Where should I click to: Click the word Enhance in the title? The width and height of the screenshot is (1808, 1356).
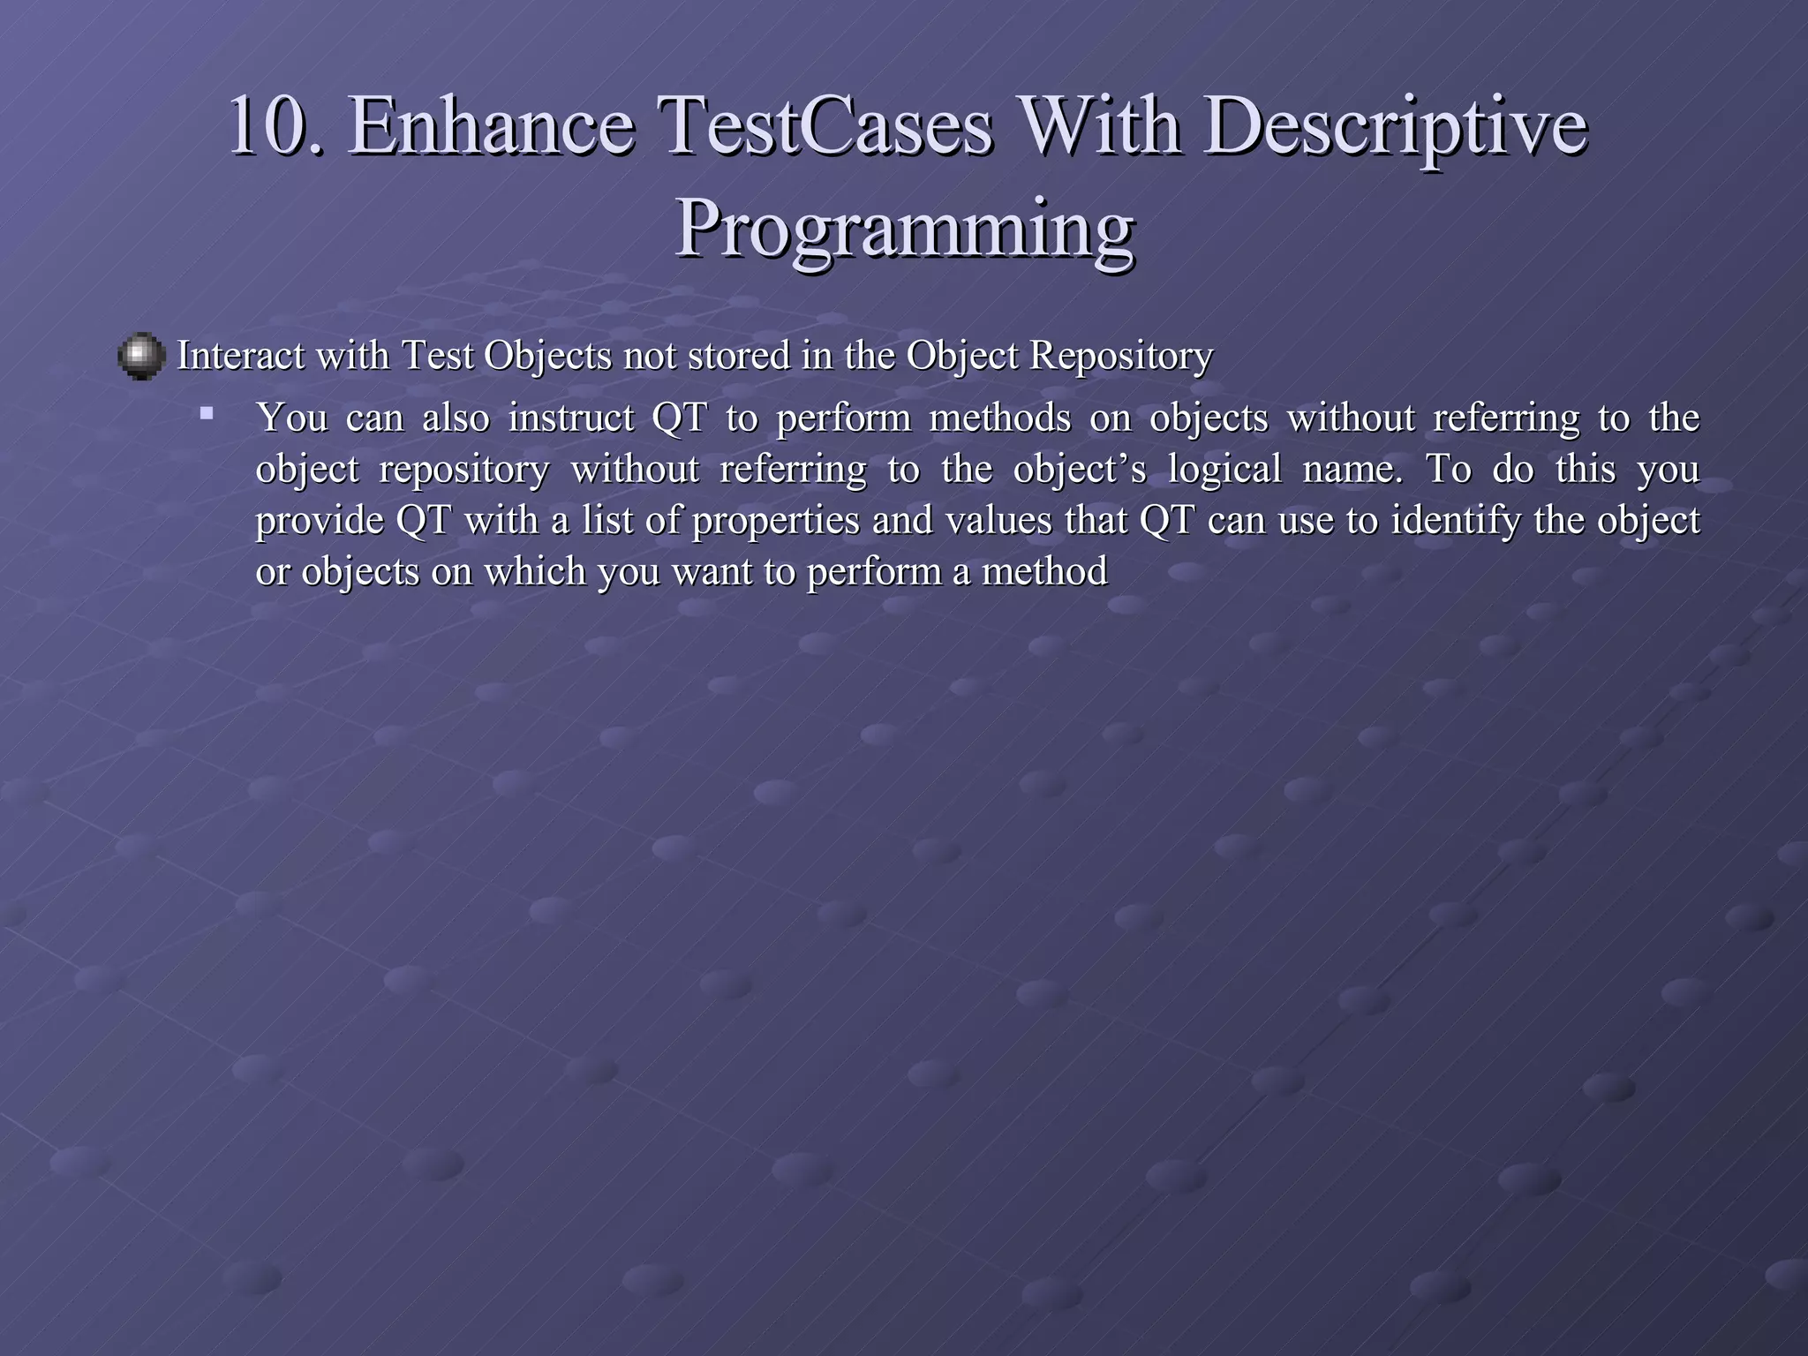[x=492, y=127]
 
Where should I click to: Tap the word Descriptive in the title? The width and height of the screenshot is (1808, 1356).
[x=1397, y=127]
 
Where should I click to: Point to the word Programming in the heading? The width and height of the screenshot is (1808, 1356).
[x=904, y=228]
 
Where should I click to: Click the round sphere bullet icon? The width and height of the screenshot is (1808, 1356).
[x=141, y=357]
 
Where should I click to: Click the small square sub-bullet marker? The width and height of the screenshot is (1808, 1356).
[x=207, y=412]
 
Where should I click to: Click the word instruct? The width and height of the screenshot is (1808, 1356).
[x=570, y=418]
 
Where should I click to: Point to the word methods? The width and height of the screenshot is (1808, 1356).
[x=1000, y=418]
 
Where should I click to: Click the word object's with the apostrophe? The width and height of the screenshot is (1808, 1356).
[x=1079, y=469]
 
